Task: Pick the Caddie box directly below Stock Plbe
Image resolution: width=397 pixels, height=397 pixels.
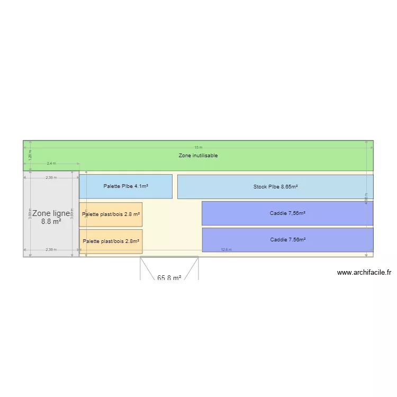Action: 287,213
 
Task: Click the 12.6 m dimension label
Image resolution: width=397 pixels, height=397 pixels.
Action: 226,250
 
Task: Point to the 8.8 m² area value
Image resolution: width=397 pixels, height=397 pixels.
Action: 51,222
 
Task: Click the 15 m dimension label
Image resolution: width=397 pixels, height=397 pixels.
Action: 198,148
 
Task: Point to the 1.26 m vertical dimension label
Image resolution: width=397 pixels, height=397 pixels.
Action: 30,155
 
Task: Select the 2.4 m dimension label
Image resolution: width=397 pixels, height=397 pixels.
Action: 51,164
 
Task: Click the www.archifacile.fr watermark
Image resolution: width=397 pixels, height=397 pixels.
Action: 364,273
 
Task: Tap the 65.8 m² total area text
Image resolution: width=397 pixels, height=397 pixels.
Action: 169,277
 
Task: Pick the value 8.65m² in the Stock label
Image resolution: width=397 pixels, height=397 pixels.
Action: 289,187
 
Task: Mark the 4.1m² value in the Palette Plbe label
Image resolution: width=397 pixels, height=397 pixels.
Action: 141,186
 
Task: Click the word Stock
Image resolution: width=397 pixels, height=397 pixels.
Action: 260,187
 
